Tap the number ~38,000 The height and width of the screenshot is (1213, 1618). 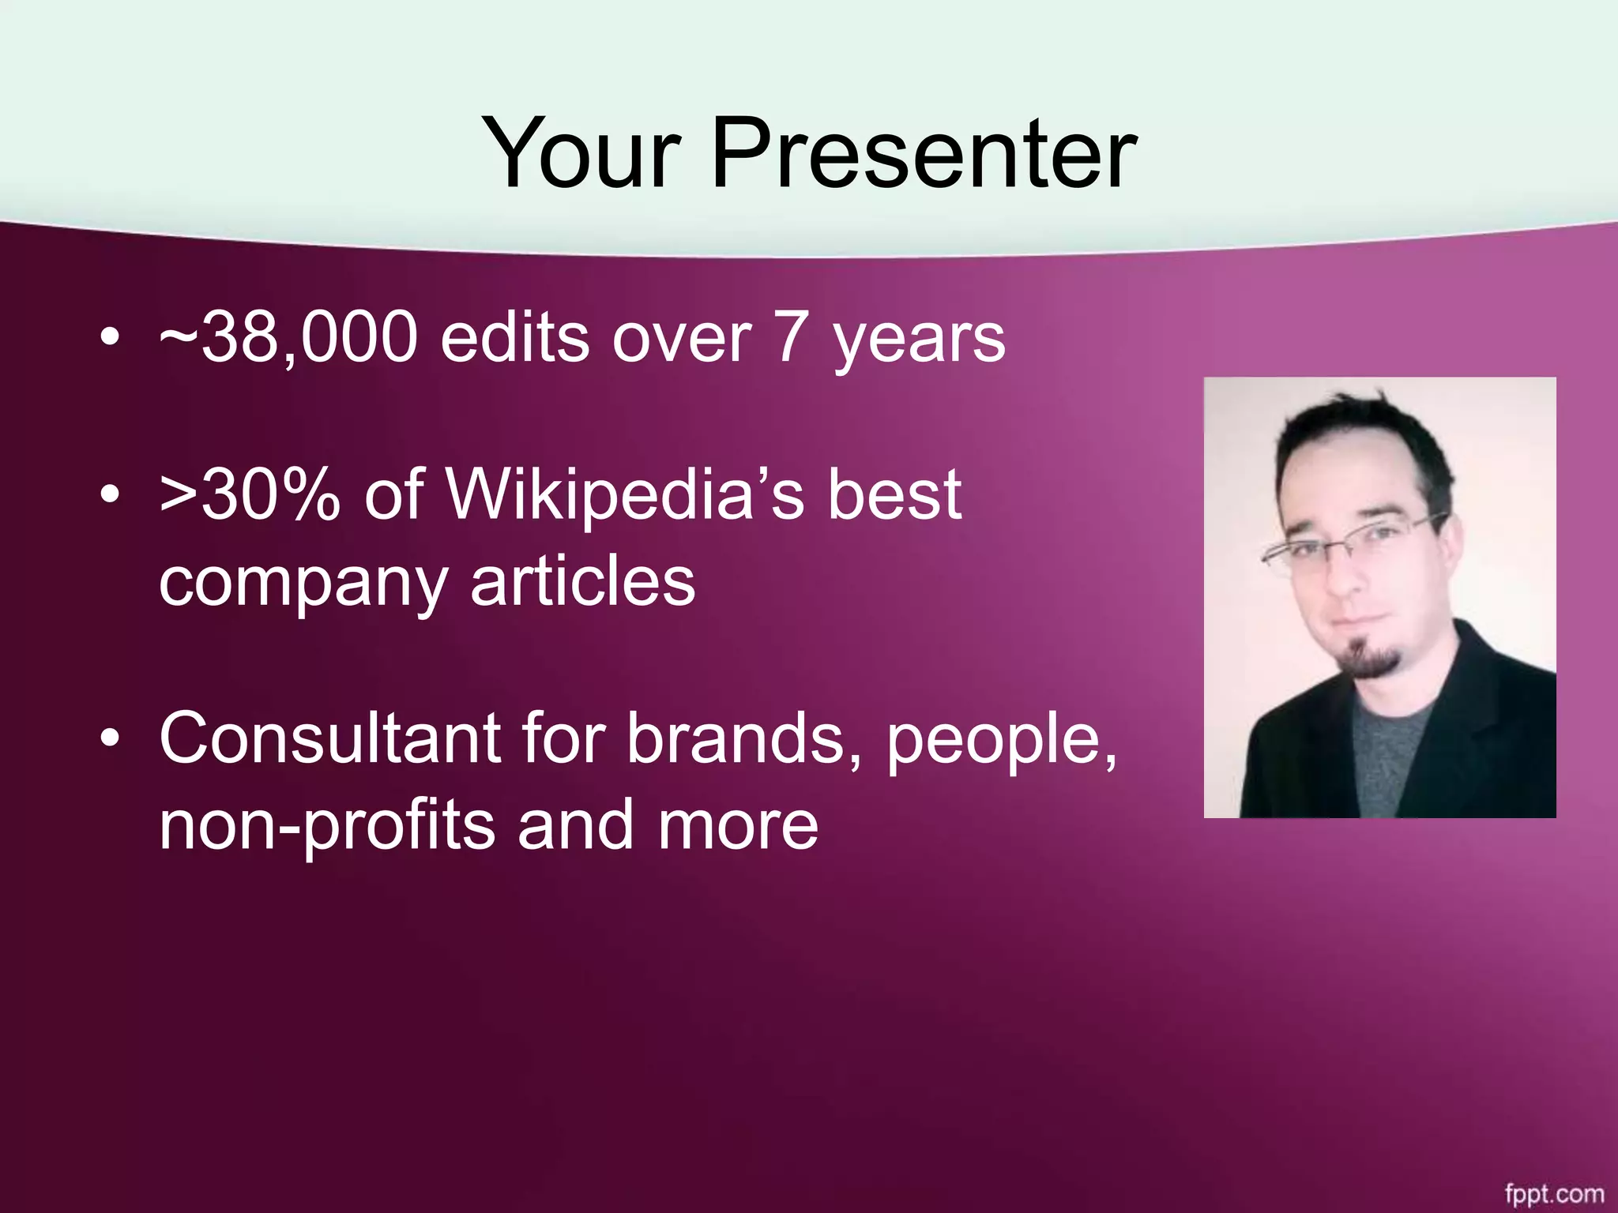288,338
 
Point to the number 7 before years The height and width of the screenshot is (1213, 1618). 791,338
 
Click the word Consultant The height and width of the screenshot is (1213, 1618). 330,738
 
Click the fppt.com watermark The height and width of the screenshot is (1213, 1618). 1554,1193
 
